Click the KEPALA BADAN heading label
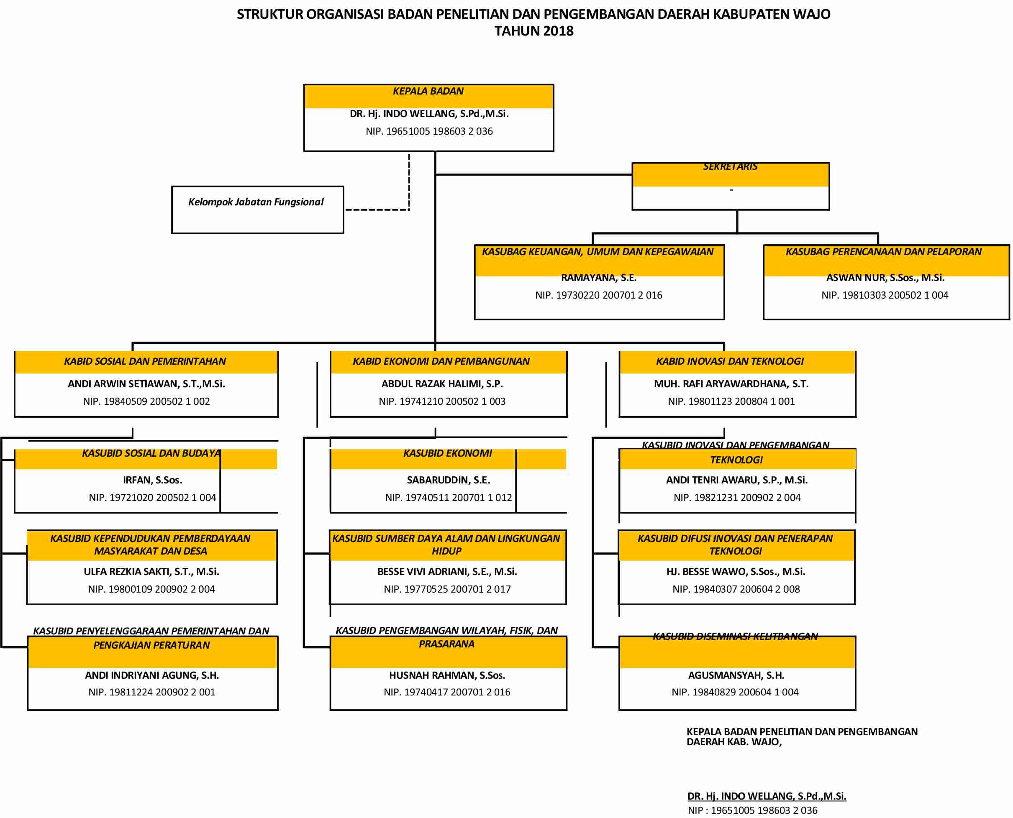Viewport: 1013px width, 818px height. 428,92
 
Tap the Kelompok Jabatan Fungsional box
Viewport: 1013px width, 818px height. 257,210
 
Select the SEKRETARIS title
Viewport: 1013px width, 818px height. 730,167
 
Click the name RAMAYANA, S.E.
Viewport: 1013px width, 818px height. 599,278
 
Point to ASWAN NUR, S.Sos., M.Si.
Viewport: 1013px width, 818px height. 885,278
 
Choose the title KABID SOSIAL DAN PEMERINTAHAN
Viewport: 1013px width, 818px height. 145,361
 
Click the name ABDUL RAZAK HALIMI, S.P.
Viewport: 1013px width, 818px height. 442,384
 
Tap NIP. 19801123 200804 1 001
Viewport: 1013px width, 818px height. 731,401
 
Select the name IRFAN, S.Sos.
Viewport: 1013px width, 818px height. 152,480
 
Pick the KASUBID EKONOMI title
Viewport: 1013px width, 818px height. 447,453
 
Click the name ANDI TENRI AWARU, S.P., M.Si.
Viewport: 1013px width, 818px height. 737,480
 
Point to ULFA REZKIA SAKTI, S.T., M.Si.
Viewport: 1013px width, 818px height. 151,572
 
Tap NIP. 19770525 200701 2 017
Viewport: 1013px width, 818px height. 447,589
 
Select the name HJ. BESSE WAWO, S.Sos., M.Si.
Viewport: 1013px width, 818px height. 736,572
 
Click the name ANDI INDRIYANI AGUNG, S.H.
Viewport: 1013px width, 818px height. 152,675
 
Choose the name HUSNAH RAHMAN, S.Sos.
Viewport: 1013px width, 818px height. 447,675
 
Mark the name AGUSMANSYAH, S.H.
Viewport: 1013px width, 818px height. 736,675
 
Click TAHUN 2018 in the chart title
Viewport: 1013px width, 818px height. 533,31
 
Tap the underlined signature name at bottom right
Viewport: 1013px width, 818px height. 767,796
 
